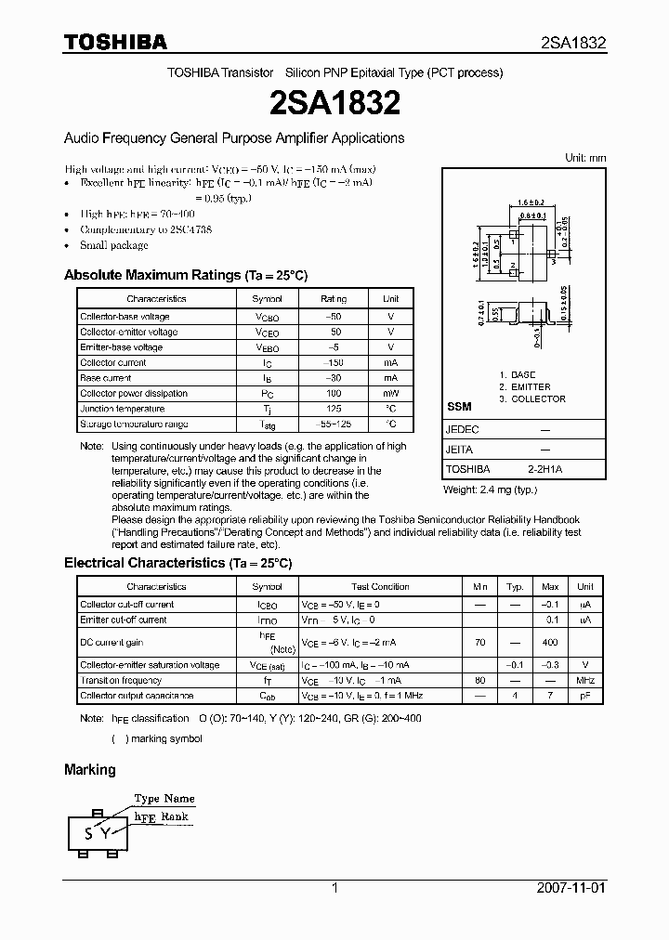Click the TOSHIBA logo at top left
115,42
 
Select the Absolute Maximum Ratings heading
185,276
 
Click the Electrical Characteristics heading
177,563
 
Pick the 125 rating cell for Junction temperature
333,409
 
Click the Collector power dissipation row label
134,394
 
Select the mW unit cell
390,394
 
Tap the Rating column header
333,299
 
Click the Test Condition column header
380,587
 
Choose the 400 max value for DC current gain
550,643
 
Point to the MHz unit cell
584,681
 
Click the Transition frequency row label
121,681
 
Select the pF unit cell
584,696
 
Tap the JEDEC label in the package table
462,431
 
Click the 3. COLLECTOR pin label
531,399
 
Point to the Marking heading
90,769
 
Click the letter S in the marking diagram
89,833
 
